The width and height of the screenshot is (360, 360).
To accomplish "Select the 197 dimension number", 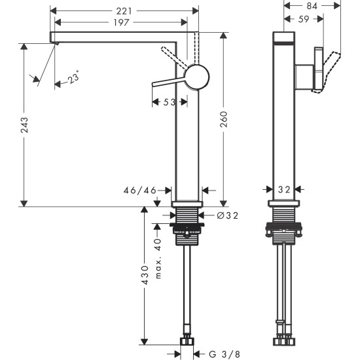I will point(118,24).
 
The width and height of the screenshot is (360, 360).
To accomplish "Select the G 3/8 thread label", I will point(225,353).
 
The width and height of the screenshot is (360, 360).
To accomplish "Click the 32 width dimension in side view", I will point(283,189).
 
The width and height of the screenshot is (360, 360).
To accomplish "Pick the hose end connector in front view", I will point(188,340).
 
